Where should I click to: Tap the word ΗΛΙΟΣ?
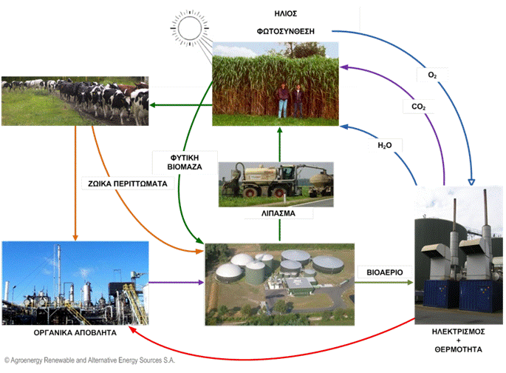[x=283, y=15]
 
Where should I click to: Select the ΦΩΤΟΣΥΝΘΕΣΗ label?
[x=284, y=32]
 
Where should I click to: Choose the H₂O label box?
[x=384, y=147]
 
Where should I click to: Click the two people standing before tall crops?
[x=289, y=100]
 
